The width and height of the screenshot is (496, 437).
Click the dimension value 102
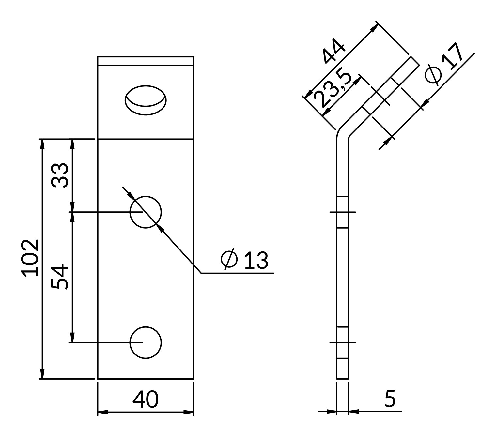30,258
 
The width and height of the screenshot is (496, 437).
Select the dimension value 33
60,175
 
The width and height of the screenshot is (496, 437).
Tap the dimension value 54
59,277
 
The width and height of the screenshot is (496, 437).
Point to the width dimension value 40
146,399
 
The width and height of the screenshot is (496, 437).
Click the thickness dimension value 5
390,399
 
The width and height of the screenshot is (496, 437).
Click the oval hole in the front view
146,100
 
